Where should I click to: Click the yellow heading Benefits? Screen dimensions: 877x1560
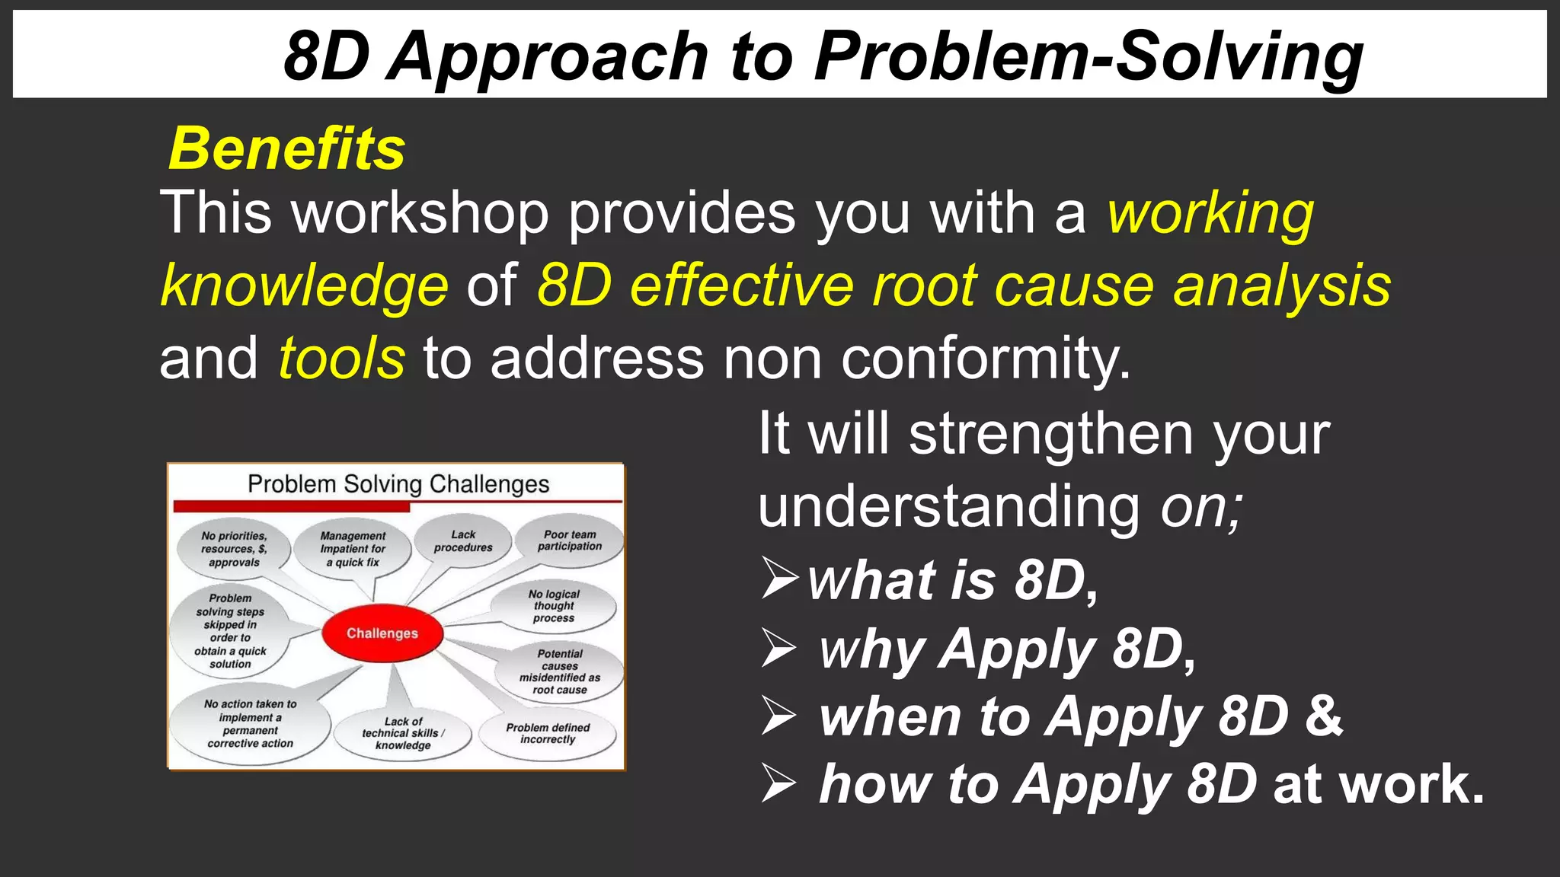coord(286,148)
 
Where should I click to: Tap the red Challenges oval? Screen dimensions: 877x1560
coord(382,633)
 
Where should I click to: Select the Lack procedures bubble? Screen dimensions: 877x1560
coord(463,541)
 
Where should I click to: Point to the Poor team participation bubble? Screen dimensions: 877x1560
coord(570,541)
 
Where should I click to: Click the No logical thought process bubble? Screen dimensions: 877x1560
coord(554,606)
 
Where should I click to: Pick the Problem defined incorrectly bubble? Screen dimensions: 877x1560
coord(548,733)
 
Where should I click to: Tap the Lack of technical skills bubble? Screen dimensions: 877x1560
coord(403,733)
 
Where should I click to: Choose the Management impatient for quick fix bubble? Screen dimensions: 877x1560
coord(353,549)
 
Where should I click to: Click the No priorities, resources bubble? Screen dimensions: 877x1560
coord(234,549)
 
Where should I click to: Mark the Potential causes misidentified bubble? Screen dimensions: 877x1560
coord(560,671)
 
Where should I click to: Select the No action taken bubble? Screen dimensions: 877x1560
coord(250,724)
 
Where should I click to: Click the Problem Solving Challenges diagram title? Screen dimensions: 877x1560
coord(398,484)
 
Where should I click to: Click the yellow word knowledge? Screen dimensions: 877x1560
coord(305,286)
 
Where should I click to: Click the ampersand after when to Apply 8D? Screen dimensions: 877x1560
coord(1324,716)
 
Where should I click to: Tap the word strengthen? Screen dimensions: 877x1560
coord(1052,434)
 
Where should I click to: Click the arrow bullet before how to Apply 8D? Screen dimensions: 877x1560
coord(779,784)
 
